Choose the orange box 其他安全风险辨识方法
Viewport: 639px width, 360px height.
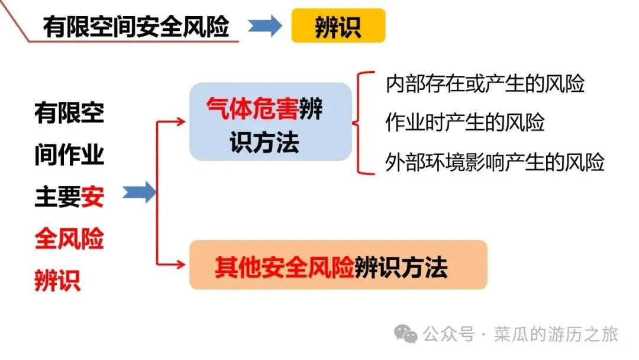point(338,265)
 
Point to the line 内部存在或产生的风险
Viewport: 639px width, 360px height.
point(485,83)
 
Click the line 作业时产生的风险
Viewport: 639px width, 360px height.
point(464,123)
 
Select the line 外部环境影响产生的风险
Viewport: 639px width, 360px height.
point(494,162)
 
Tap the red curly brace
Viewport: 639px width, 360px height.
point(361,123)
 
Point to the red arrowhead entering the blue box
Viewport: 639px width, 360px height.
point(181,122)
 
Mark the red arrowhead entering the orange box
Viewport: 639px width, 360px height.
point(181,265)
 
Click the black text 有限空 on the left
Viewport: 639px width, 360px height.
point(69,112)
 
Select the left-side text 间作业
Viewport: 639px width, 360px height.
point(69,155)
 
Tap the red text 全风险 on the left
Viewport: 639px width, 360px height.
point(69,239)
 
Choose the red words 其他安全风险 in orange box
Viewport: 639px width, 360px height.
point(284,268)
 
